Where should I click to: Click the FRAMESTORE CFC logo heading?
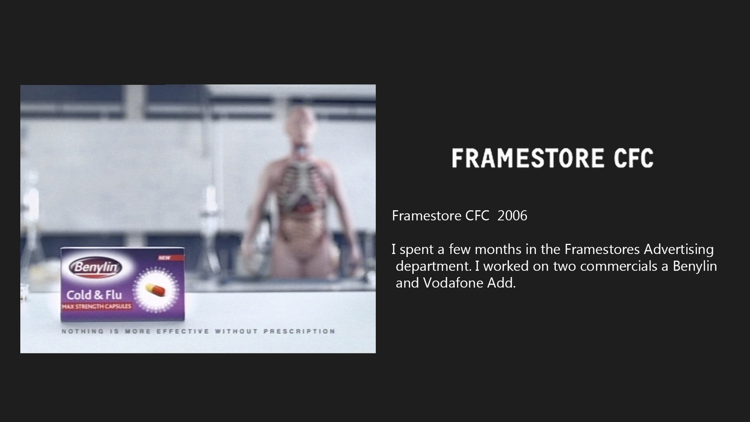point(553,158)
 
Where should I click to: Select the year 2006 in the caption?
point(512,216)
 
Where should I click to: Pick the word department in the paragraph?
point(434,267)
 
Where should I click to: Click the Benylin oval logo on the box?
point(96,267)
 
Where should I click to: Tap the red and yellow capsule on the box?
point(155,290)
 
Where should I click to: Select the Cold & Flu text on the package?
point(94,295)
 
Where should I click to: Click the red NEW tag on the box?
point(171,258)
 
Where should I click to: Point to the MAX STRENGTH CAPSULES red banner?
point(97,307)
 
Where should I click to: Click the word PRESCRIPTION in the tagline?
point(299,331)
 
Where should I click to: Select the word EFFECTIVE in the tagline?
point(183,331)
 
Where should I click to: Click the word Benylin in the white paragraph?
point(695,267)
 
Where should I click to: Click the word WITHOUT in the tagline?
point(236,331)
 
